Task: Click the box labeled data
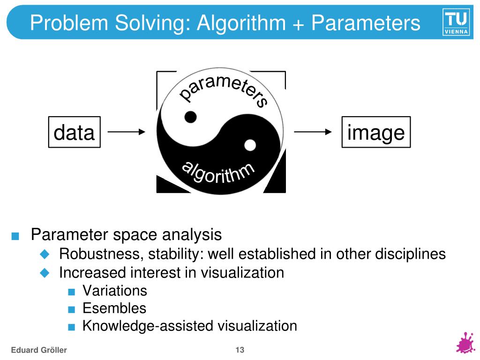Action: click(x=74, y=132)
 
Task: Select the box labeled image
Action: click(x=376, y=132)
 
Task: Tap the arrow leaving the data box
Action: click(x=127, y=132)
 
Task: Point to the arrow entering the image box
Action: click(x=313, y=132)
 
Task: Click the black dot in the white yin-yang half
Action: click(x=190, y=117)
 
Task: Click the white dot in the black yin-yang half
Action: click(x=250, y=145)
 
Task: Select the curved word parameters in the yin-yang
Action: click(x=224, y=90)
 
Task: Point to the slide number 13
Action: click(x=240, y=350)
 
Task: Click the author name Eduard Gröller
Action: click(x=39, y=350)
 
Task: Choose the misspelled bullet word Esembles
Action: click(x=114, y=308)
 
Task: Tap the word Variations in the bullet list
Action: click(x=114, y=291)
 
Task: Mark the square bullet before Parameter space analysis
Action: click(x=16, y=236)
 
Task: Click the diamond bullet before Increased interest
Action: click(x=45, y=272)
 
